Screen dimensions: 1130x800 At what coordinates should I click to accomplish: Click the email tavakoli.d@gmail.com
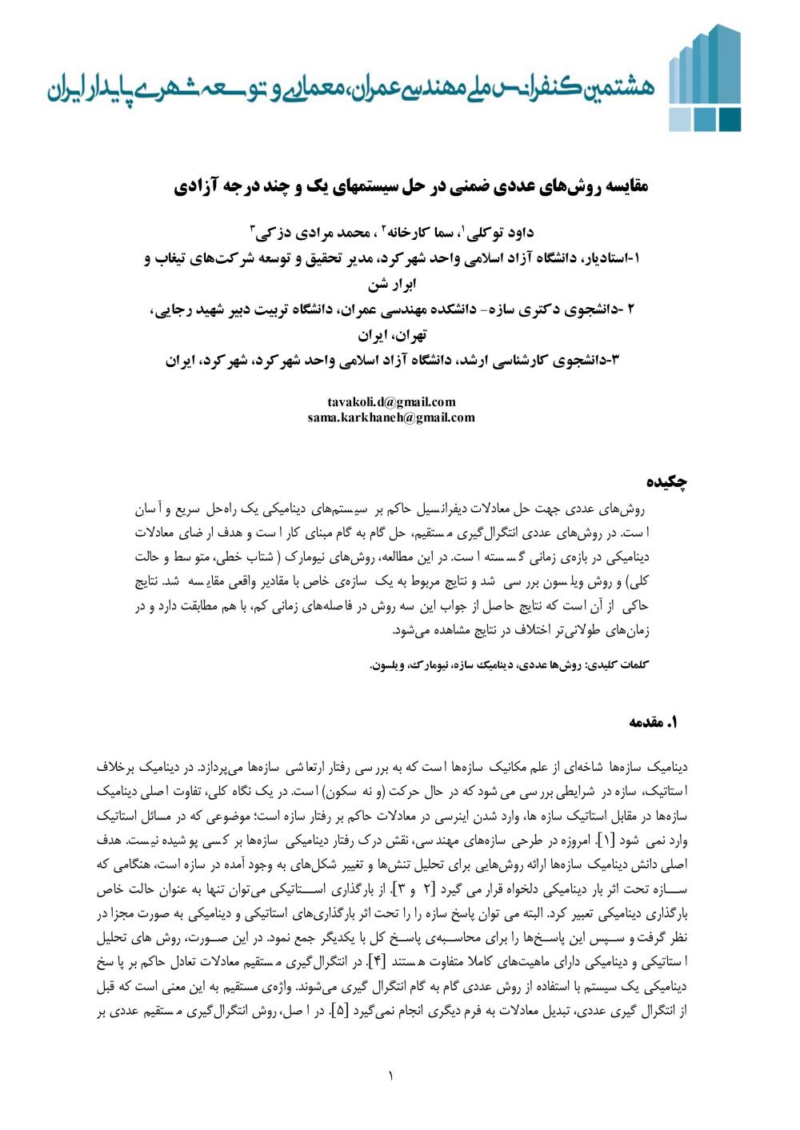click(x=391, y=401)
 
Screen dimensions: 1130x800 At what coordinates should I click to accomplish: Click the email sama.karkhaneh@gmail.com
click(x=391, y=417)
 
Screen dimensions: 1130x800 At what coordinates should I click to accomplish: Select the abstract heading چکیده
click(x=667, y=481)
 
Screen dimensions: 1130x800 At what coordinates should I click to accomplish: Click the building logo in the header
click(x=705, y=79)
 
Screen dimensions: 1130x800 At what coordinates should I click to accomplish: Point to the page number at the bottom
click(x=391, y=1076)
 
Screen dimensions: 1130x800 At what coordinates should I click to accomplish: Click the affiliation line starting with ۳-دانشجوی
click(x=393, y=360)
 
